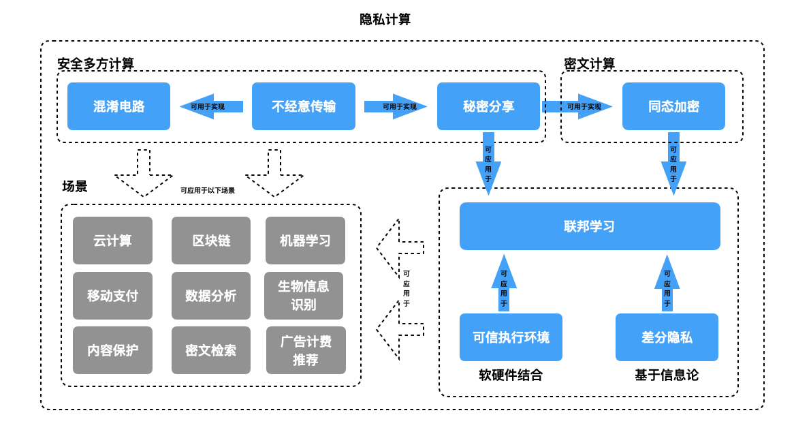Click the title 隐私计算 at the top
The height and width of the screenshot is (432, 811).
(385, 19)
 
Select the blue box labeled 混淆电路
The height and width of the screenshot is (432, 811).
(118, 106)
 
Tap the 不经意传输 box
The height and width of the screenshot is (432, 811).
(304, 106)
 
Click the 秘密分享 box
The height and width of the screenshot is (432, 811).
(488, 106)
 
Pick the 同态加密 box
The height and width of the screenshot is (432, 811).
(673, 106)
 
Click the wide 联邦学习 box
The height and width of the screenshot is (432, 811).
(590, 226)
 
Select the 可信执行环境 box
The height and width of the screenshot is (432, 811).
(511, 337)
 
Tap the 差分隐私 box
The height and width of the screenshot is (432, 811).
(667, 337)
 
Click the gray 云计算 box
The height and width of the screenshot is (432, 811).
(112, 241)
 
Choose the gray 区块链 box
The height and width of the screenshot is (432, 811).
(211, 241)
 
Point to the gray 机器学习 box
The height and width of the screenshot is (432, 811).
(305, 241)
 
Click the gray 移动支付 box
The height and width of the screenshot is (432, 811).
(112, 296)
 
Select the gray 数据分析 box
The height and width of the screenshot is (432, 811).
(211, 296)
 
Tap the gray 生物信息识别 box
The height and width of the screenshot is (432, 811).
(304, 296)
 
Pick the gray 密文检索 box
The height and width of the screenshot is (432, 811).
(211, 350)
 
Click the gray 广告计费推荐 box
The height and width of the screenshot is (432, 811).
(306, 350)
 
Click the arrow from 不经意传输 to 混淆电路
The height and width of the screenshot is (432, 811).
(211, 106)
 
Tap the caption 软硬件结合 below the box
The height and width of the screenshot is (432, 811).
(511, 375)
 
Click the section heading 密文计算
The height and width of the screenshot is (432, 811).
(589, 63)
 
